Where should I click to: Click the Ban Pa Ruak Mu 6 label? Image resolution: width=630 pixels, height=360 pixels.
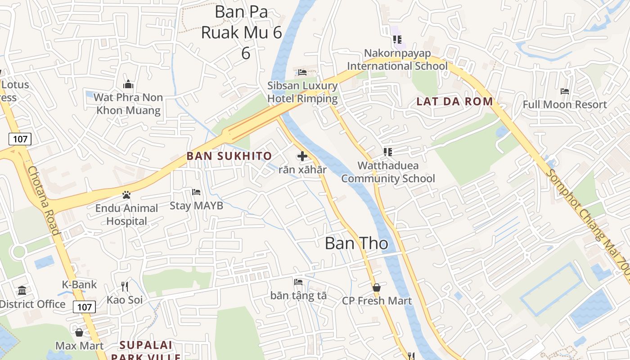(241, 32)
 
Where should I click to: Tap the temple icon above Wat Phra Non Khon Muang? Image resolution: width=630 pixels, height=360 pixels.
(128, 85)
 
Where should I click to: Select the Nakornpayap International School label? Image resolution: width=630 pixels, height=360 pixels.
(397, 59)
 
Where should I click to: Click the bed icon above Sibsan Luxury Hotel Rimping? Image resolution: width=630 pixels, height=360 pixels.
(302, 72)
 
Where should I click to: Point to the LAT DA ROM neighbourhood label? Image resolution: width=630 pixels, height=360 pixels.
(455, 101)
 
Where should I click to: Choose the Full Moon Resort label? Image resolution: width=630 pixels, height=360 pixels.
(564, 104)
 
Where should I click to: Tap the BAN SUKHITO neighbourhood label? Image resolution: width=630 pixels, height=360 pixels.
(229, 156)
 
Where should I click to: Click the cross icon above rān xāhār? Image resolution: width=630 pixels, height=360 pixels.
(302, 156)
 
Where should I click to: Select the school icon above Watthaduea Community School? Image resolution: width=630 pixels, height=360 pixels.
(388, 152)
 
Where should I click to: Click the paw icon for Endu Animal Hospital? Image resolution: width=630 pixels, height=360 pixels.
(126, 195)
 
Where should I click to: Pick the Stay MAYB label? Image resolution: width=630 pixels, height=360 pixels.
(196, 206)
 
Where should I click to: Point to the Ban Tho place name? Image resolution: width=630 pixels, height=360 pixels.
(356, 243)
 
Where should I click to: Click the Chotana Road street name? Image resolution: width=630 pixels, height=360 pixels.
(43, 200)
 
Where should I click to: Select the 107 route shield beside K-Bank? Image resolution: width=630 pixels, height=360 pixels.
(84, 307)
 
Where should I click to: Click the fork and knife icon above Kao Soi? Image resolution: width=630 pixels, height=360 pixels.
(125, 286)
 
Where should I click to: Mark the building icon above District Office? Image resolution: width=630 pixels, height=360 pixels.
(22, 291)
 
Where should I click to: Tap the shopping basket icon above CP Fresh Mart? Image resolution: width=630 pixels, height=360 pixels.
(377, 287)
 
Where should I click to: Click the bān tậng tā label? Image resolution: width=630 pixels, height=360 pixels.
(298, 296)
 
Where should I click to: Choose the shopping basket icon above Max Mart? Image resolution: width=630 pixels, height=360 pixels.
(79, 333)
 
